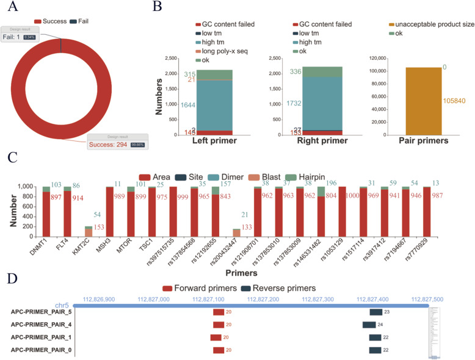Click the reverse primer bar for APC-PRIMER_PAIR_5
[x=375, y=312]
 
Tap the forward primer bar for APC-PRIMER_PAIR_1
[x=216, y=337]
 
